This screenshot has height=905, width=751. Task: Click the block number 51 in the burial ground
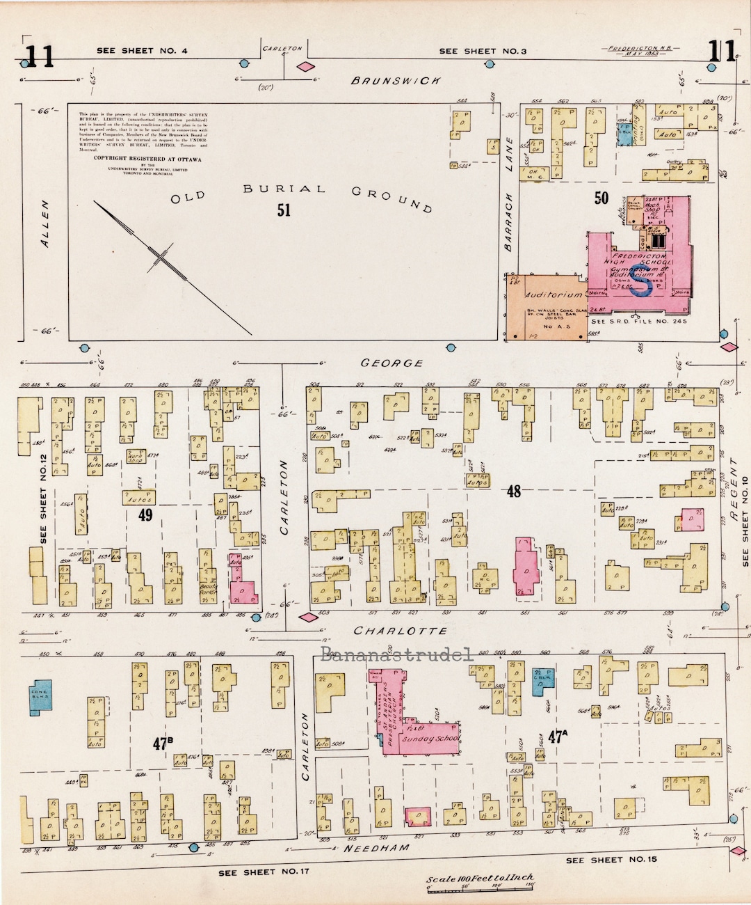point(284,210)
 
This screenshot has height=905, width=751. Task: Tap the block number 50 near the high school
point(601,198)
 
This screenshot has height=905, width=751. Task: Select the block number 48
point(513,491)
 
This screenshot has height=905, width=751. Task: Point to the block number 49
point(145,514)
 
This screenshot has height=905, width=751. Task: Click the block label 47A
point(554,737)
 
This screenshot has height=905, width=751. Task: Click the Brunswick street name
point(396,81)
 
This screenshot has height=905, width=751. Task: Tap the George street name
point(392,363)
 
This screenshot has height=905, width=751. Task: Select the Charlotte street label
point(401,631)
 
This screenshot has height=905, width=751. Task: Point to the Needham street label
point(377,848)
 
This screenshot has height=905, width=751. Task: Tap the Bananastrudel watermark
point(397,654)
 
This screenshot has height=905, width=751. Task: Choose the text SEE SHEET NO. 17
point(264,872)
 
